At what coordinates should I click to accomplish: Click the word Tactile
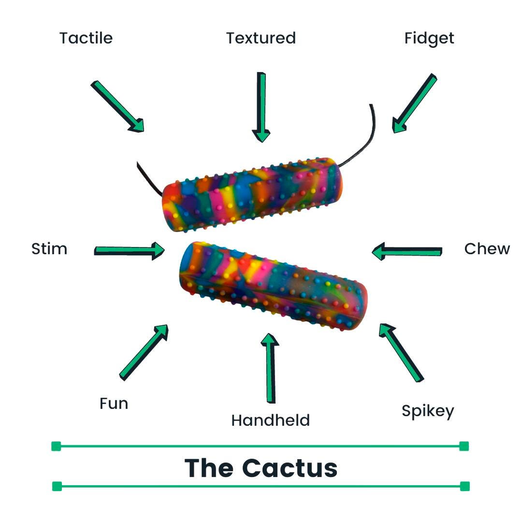86,38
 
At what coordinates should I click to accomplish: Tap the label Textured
261,38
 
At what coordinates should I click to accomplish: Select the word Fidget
429,39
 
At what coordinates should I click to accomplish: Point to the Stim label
49,249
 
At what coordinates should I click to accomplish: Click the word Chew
487,249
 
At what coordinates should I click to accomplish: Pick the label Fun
114,403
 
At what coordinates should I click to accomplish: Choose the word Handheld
270,420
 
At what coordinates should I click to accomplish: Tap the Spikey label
428,411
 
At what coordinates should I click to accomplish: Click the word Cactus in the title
290,467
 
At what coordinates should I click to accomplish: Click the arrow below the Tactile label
117,106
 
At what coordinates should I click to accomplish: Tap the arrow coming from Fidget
414,103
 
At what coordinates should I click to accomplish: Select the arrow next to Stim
130,250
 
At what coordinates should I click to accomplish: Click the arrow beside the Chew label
407,251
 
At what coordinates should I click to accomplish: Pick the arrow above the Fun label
144,352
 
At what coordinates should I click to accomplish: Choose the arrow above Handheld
270,367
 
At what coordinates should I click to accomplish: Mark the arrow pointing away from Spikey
401,352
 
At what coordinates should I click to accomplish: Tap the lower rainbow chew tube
273,285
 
